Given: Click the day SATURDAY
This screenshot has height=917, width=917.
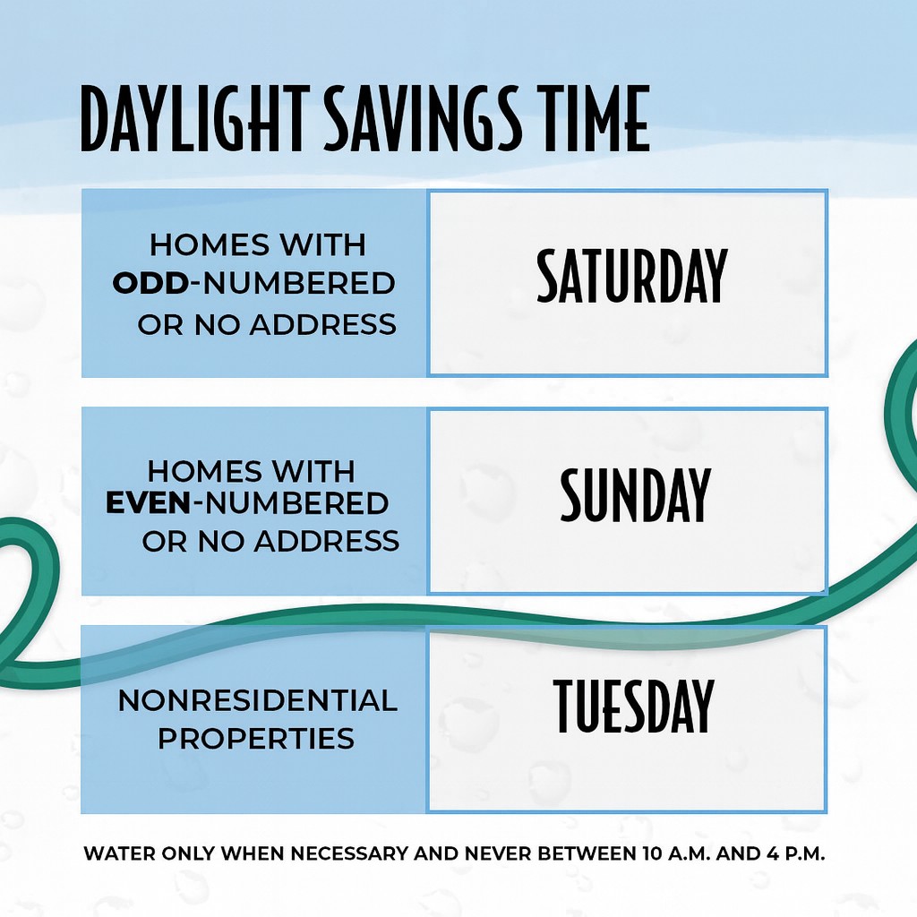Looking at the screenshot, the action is point(631,275).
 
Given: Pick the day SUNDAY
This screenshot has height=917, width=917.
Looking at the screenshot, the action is point(635,494).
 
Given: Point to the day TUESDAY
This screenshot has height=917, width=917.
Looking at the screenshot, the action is point(633,706).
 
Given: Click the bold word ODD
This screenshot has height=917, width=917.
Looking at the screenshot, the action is point(150,284).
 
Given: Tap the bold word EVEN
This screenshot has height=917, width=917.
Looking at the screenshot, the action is point(149,504).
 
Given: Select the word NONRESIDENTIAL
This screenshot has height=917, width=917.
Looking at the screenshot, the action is point(258,700).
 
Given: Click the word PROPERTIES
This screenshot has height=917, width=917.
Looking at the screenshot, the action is point(256,738).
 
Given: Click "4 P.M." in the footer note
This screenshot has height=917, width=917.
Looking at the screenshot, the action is point(795,853).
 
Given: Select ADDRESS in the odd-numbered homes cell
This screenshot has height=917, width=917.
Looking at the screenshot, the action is point(322,324).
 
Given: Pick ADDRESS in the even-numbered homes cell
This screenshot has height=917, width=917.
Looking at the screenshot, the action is point(327,542).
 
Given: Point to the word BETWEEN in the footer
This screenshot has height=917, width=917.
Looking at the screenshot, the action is point(584,853).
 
